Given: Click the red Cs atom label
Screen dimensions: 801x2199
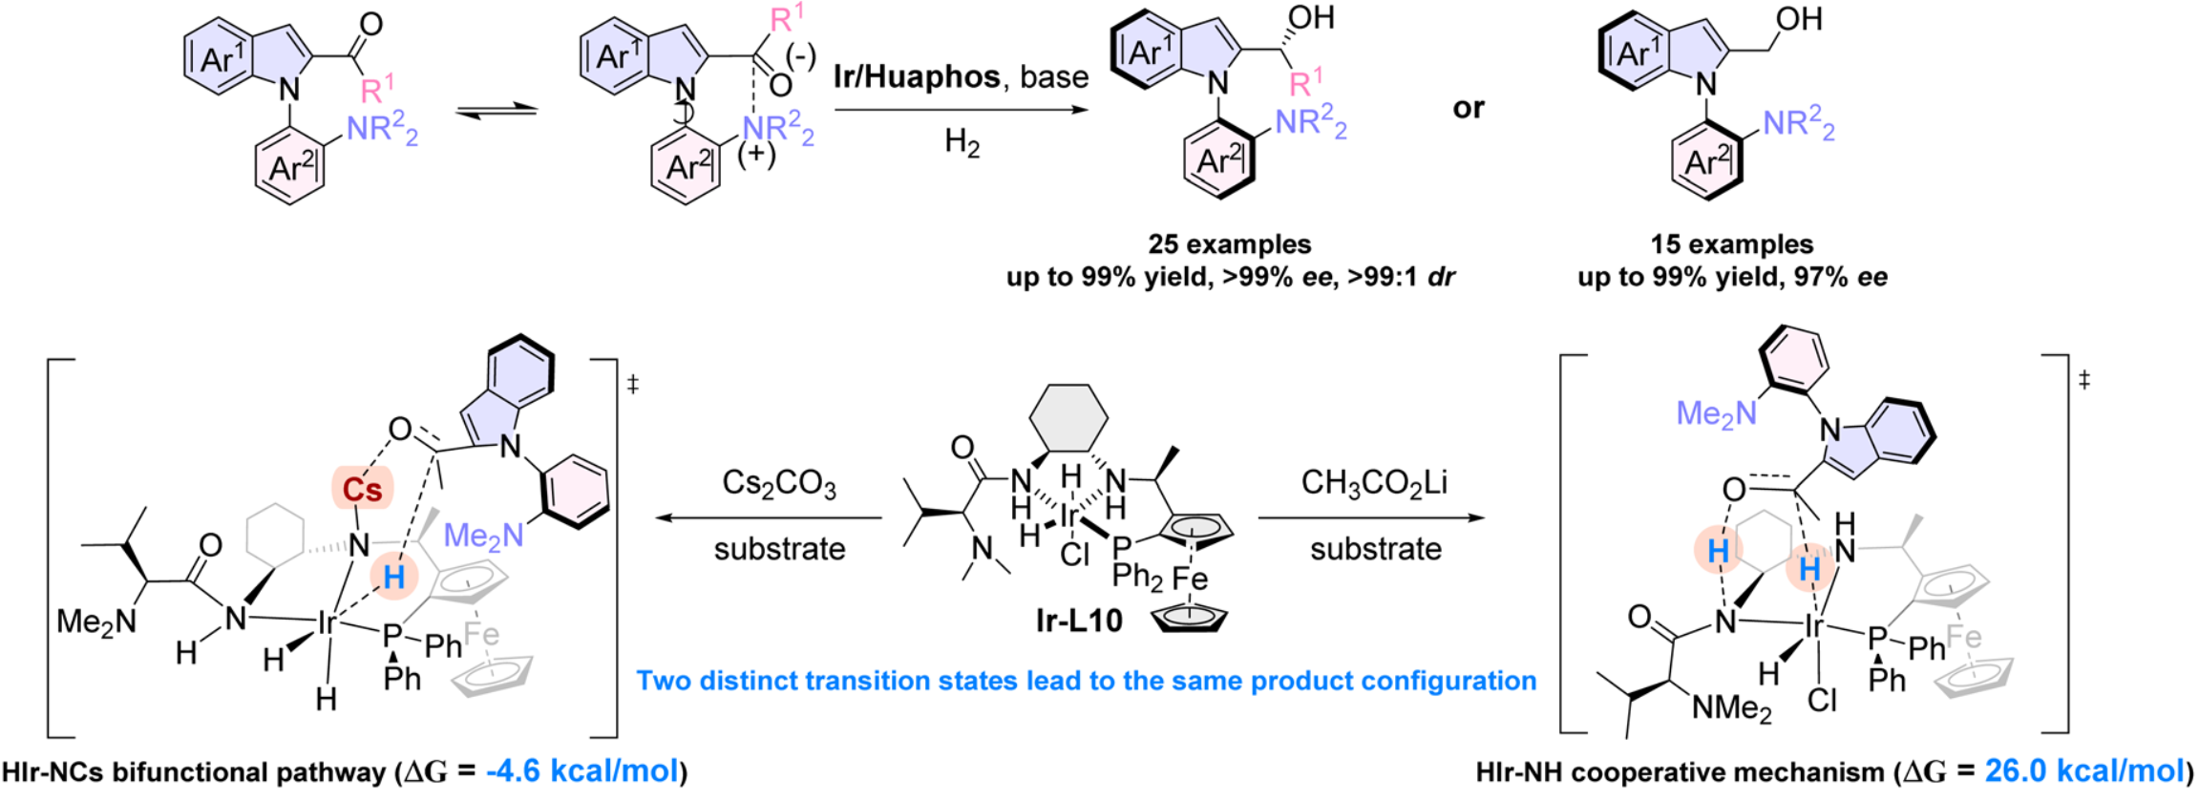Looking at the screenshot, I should (362, 490).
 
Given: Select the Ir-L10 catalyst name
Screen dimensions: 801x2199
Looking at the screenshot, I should (1078, 621).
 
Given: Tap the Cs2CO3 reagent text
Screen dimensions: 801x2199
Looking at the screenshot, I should (778, 484).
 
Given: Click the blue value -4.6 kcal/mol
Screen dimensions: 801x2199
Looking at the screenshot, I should (582, 770).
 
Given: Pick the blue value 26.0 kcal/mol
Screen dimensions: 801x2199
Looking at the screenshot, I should (2083, 770).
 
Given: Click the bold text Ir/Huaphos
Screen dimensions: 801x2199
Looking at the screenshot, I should (917, 76).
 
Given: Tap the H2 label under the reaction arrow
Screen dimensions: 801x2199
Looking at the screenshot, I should (962, 143).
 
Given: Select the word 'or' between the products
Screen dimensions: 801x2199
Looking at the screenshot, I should (1468, 108).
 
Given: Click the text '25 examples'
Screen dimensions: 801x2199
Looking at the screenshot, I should (1230, 244).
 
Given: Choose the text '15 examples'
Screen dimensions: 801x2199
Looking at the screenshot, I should (1732, 244).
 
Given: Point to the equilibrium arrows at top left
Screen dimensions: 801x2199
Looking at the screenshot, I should (497, 112).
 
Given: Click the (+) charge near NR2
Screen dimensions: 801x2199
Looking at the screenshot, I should (756, 154).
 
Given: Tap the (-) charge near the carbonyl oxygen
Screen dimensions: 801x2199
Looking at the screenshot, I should (800, 57).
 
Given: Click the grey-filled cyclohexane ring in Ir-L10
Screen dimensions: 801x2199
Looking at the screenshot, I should (1068, 415).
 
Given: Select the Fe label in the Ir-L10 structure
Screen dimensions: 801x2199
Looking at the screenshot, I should (1190, 578).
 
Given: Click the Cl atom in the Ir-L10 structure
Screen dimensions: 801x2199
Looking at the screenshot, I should (1074, 555).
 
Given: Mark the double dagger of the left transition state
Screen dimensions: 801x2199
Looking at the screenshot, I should (632, 384).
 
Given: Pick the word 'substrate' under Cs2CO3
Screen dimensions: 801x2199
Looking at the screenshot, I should (779, 549).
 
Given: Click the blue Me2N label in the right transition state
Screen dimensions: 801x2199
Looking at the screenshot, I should (1716, 413).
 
